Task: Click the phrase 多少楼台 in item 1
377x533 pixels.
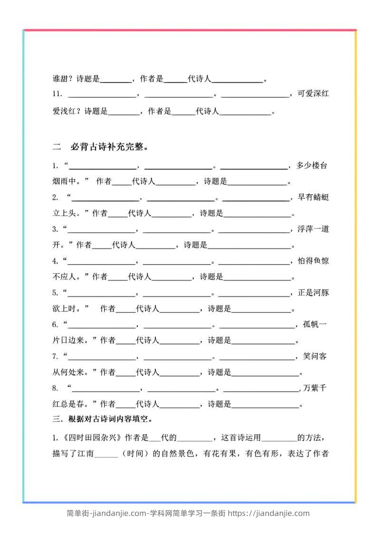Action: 312,166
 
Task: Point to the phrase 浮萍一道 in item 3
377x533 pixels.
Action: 313,229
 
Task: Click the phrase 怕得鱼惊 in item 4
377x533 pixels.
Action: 313,261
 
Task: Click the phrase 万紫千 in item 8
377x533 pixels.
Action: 316,388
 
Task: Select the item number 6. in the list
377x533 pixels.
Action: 56,324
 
